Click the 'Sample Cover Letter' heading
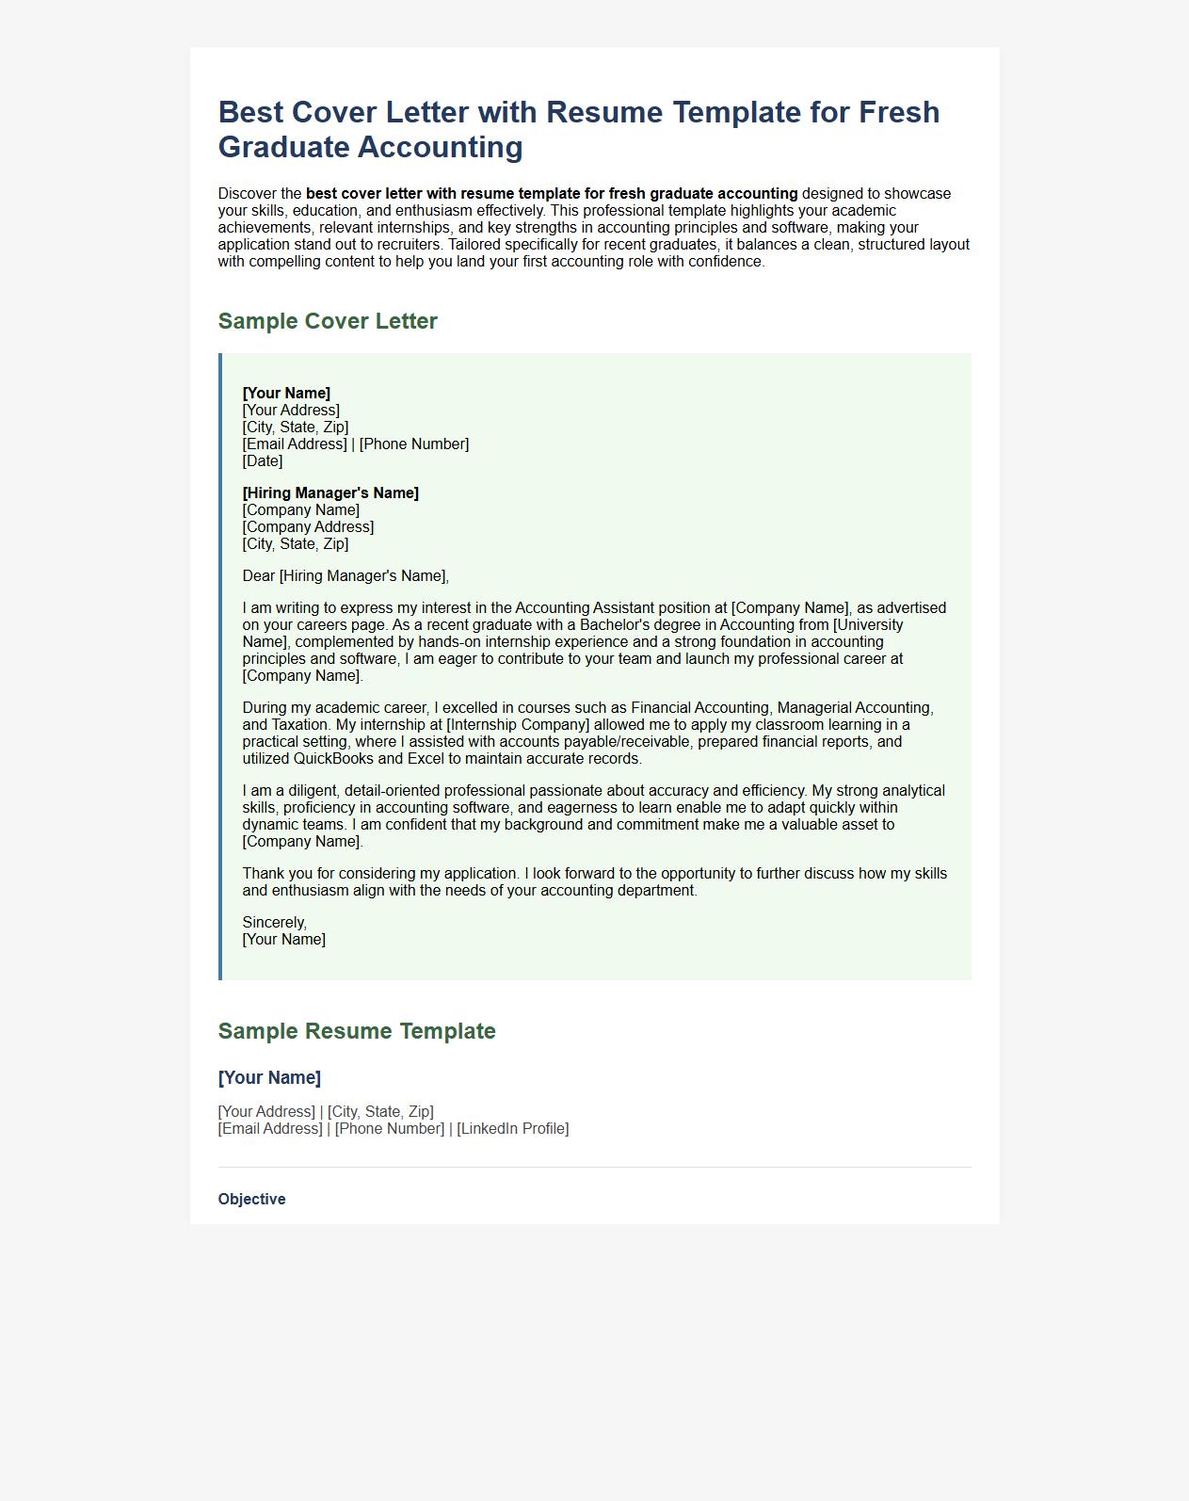coord(328,321)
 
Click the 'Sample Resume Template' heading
coord(357,1031)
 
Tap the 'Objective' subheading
coord(251,1199)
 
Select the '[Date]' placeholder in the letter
coord(263,461)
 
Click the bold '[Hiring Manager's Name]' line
coord(330,493)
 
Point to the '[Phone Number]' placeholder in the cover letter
coord(414,444)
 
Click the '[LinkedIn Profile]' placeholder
coord(513,1129)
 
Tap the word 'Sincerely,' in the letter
coord(275,923)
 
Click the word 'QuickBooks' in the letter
coord(333,759)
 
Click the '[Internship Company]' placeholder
coord(518,725)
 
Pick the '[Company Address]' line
coord(308,527)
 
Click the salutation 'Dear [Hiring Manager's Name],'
coord(345,576)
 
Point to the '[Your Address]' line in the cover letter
coord(291,411)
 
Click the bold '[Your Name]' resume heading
coord(269,1078)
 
